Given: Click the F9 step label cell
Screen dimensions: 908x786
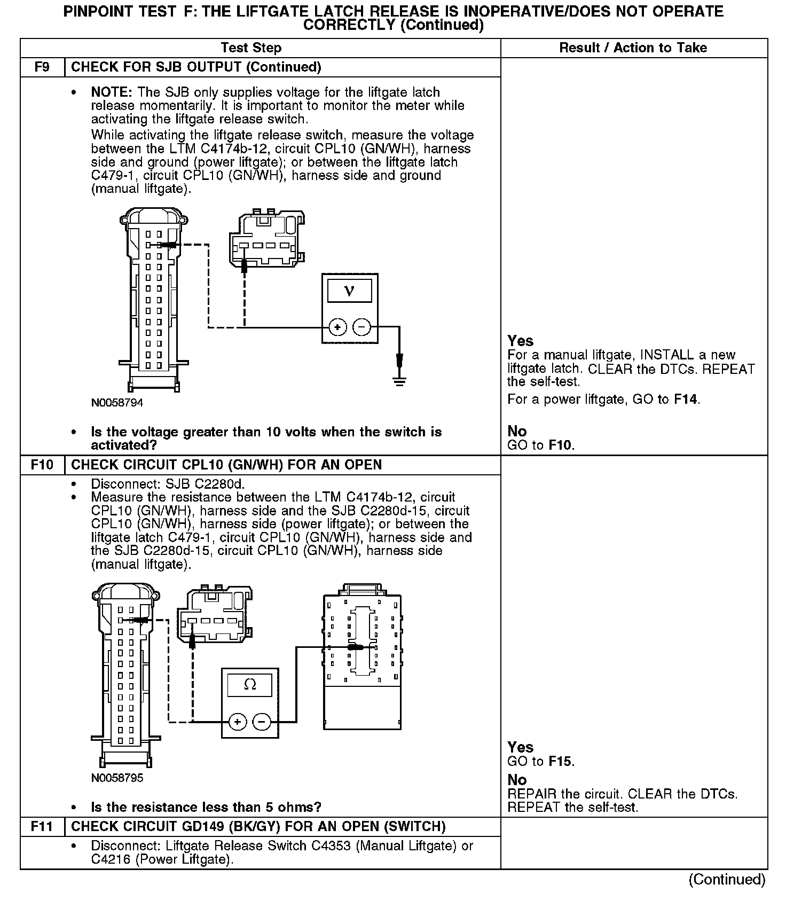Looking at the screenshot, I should pos(42,67).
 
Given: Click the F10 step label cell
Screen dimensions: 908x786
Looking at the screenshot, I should pos(42,465).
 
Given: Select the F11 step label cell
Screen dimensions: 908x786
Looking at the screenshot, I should pos(42,827).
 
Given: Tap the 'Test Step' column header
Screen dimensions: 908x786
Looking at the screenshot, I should pos(251,48).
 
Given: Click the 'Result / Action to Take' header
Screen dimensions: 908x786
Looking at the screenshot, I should pos(633,48).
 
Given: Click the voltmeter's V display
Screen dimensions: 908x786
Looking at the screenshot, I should pos(350,291).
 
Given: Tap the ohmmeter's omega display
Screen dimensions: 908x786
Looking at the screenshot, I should pos(249,685).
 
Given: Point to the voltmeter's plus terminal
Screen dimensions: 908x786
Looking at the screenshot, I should pos(337,327).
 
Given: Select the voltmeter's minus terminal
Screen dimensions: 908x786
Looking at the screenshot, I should pos(362,327).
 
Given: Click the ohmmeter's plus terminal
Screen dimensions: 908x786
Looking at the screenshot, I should pos(238,722).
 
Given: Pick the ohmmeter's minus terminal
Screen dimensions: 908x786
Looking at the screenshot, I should pos(262,722).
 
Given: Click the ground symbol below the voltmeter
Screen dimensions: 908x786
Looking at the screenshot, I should pos(399,380).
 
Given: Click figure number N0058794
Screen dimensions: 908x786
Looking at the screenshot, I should pos(117,403).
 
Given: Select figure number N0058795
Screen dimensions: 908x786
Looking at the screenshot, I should pos(117,778).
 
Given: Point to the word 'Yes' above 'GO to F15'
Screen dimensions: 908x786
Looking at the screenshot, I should pos(520,747).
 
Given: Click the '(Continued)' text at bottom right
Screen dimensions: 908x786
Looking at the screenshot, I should pos(727,880).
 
